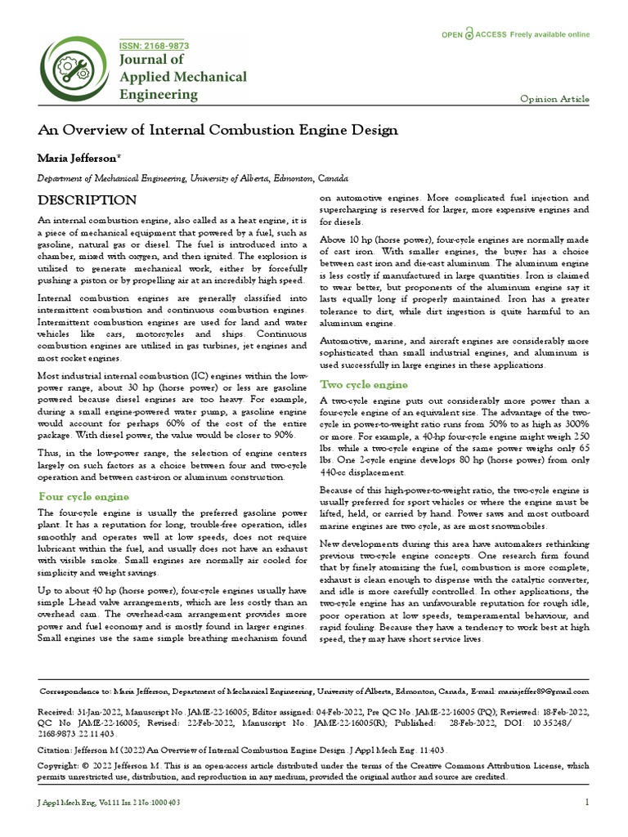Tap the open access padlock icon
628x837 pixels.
469,34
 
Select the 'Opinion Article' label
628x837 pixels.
554,99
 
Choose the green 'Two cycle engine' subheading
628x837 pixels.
364,384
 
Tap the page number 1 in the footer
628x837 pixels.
587,803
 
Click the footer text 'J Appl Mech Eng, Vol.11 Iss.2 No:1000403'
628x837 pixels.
110,803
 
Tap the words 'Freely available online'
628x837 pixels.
549,34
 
